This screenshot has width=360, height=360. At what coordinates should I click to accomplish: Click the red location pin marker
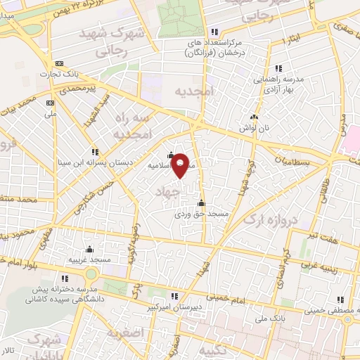tap(181, 165)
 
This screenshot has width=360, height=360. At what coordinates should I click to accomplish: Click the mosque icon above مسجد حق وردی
tap(201, 203)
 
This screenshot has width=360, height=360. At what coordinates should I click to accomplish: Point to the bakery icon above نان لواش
tap(254, 117)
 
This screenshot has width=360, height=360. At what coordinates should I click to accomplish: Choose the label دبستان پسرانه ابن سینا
tap(96, 162)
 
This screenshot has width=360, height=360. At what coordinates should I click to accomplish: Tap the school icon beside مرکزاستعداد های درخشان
tap(215, 31)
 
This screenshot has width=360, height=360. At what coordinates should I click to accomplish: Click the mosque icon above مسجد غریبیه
tap(89, 249)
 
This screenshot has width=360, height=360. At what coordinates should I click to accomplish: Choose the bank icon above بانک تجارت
tap(58, 63)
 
